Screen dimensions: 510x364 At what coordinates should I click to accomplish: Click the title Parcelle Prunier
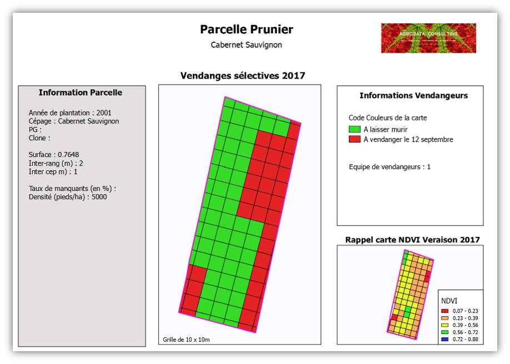247,29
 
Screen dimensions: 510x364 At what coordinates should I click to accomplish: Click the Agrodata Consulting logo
428,38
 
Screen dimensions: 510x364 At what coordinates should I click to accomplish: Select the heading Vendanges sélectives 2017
243,76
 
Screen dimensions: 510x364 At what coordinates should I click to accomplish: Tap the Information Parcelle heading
81,92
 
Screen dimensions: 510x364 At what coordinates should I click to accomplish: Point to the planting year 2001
104,113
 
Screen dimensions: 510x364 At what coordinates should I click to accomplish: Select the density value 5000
99,197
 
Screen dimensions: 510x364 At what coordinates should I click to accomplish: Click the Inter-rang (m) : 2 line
56,163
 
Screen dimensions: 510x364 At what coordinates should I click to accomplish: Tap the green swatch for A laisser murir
354,129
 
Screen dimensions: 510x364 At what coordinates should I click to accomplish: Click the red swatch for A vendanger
354,139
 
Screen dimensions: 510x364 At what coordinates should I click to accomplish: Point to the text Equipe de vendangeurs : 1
389,167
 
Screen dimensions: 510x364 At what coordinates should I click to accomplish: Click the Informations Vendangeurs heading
413,96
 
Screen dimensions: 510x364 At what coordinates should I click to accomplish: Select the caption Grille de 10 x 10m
186,340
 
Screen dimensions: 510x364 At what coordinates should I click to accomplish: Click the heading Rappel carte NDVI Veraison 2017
412,240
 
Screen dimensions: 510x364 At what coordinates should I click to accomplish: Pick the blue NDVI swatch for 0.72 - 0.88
444,340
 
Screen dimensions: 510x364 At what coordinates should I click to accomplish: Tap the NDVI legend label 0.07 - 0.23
465,311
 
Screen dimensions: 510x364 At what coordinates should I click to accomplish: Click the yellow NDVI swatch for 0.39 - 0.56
444,325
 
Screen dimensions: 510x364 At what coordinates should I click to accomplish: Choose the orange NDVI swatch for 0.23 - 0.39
444,318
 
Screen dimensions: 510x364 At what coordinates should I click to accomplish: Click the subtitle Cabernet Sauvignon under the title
246,45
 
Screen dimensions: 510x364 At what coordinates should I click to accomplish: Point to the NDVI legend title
449,301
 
